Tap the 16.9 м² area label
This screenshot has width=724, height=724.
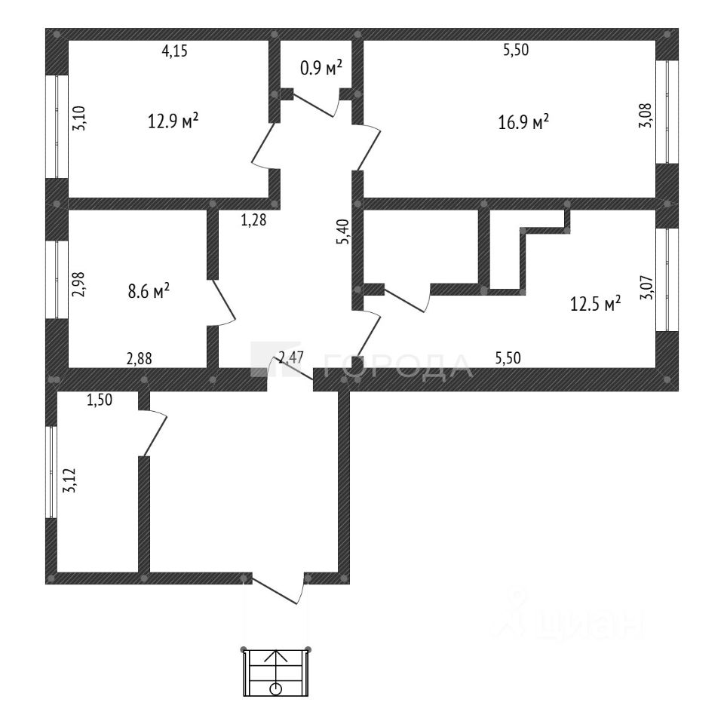pyautogui.click(x=523, y=121)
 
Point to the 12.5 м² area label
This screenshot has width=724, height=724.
pyautogui.click(x=596, y=304)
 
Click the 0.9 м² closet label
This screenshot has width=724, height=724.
pyautogui.click(x=321, y=69)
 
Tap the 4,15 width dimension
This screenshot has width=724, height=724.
pyautogui.click(x=174, y=51)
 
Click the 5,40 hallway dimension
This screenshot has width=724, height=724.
pyautogui.click(x=344, y=232)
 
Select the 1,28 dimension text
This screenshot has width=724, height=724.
pyautogui.click(x=254, y=220)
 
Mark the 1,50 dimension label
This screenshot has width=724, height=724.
pyautogui.click(x=100, y=400)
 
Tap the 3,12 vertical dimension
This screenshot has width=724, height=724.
pyautogui.click(x=70, y=480)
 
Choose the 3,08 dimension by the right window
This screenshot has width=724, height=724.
pyautogui.click(x=645, y=115)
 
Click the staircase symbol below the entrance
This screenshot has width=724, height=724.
pyautogui.click(x=276, y=672)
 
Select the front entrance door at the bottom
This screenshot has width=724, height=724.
pyautogui.click(x=279, y=589)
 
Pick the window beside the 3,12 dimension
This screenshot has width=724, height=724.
pyautogui.click(x=52, y=472)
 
